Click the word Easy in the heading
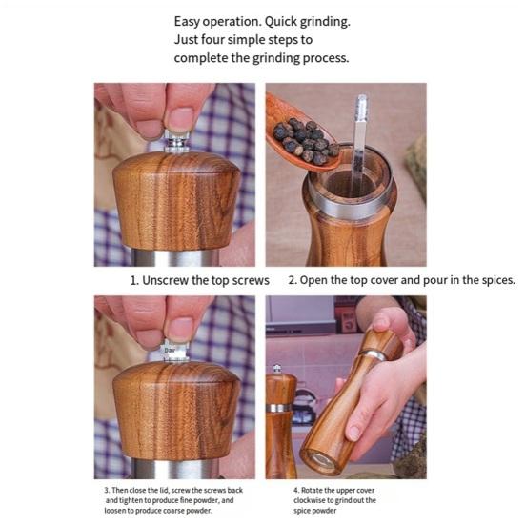[x=187, y=22]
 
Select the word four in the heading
[x=212, y=39]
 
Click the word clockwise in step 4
[x=309, y=500]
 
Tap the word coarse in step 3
[x=173, y=511]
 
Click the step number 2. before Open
[x=293, y=280]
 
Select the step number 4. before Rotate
[x=296, y=490]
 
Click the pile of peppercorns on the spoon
[x=304, y=141]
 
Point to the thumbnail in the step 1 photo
[x=180, y=119]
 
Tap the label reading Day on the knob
[x=170, y=351]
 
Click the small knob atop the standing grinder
[x=277, y=369]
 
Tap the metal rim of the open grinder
[x=350, y=201]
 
